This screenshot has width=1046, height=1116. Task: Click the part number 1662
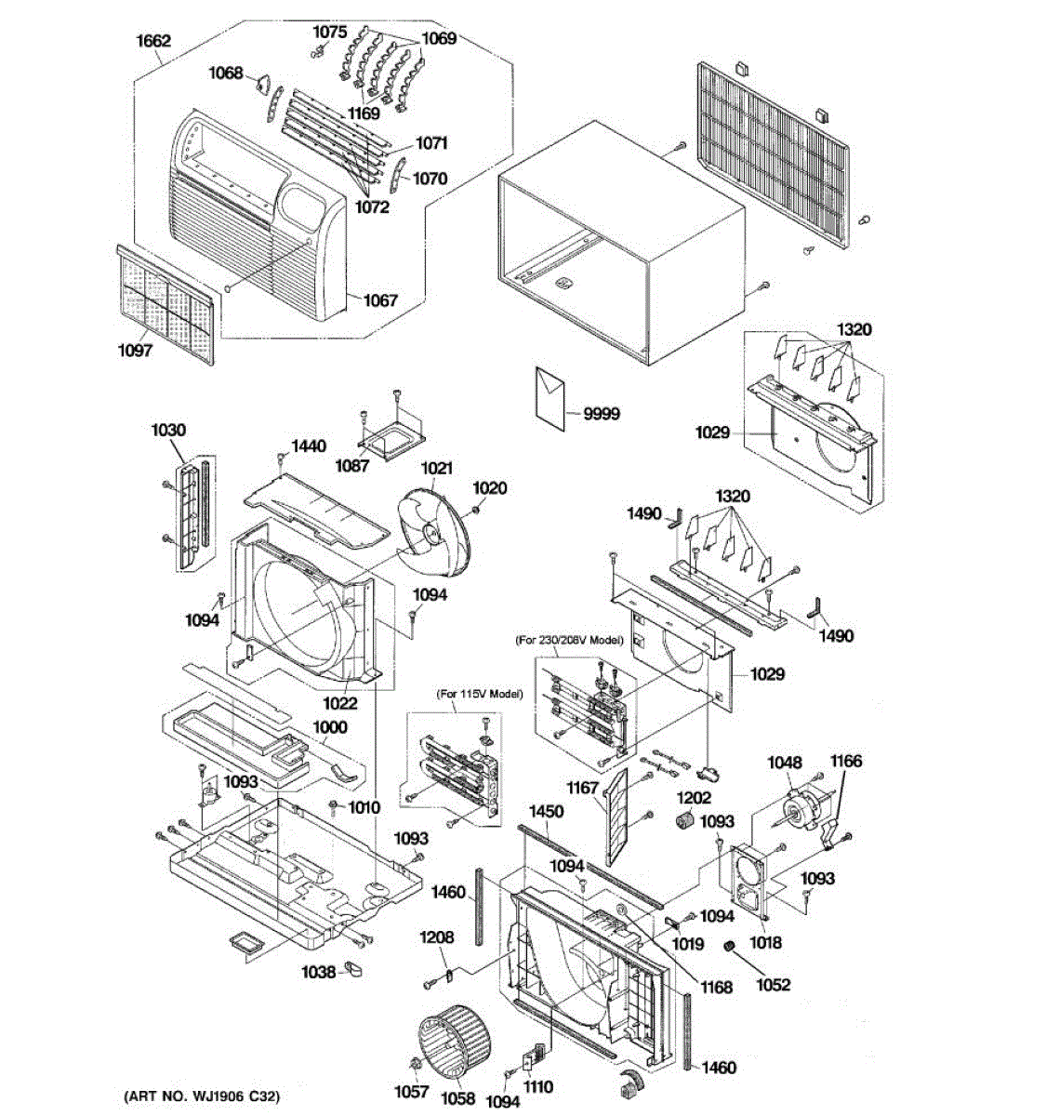[152, 41]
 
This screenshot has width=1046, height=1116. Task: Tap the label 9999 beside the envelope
[601, 414]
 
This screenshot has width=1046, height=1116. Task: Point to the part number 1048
[784, 763]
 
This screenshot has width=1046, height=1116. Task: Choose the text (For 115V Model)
[480, 695]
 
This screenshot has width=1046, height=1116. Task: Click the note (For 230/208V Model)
[568, 641]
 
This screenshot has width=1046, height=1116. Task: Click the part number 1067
[379, 299]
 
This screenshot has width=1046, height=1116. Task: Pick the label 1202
[693, 797]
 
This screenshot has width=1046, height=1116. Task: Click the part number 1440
[309, 446]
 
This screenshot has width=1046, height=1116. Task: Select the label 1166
[845, 761]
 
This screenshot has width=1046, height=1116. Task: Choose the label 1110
[537, 1086]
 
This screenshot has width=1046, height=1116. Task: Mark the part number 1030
[168, 430]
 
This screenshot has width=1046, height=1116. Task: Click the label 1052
[773, 984]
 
